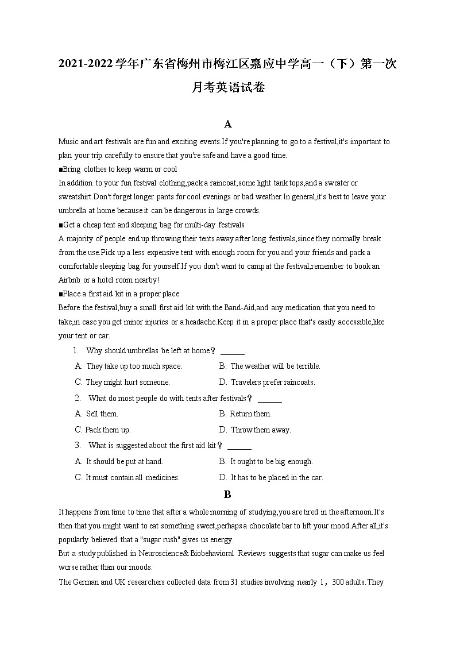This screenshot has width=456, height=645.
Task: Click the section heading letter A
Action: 228,124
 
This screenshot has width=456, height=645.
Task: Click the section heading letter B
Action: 227,494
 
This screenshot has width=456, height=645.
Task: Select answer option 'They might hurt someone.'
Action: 127,382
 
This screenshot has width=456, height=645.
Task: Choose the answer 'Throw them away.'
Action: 261,430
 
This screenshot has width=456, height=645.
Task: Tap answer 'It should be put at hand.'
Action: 124,461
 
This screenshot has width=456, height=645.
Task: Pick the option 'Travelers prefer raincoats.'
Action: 273,382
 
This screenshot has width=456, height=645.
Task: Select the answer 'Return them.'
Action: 250,414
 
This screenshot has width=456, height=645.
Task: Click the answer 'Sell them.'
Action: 102,414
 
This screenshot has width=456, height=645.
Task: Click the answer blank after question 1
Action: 233,351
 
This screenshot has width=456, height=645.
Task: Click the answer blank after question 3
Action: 239,446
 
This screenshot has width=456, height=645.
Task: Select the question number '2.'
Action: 78,398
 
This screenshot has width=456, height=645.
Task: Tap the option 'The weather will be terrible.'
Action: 275,366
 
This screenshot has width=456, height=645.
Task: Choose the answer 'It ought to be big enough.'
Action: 271,461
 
